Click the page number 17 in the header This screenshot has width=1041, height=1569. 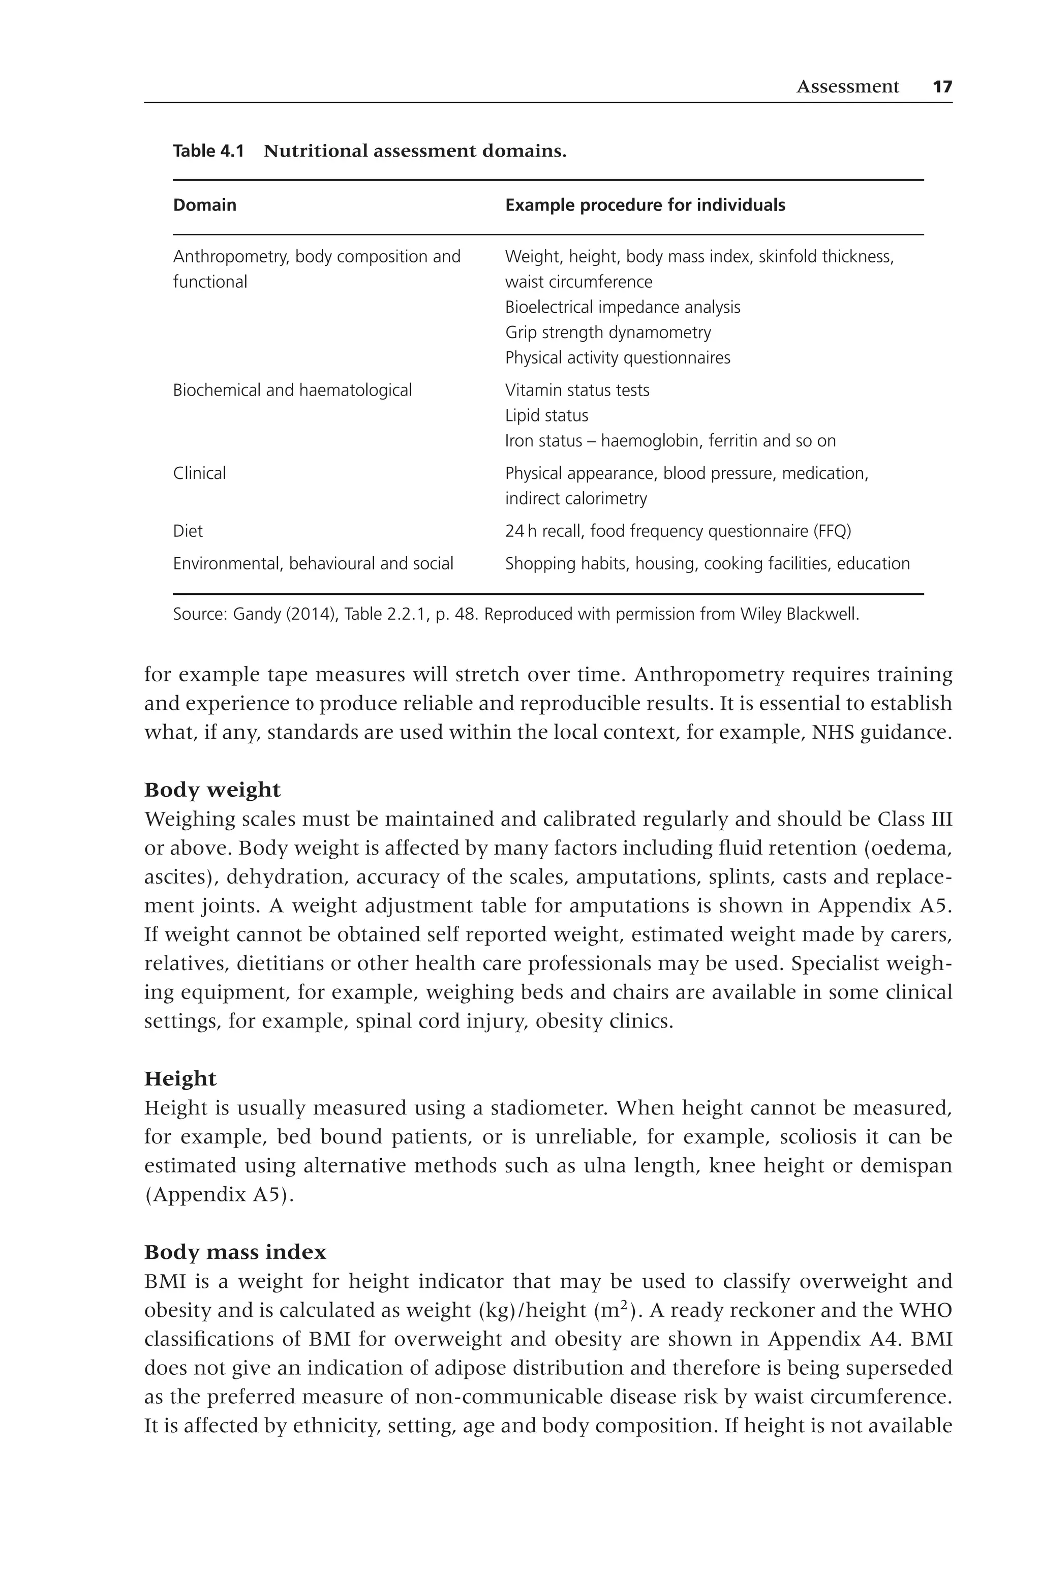tap(942, 87)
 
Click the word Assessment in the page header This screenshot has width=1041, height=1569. tap(847, 87)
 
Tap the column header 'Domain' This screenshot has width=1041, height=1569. tap(204, 205)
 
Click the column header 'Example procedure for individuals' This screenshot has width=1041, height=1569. tap(645, 205)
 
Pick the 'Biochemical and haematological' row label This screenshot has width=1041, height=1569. tap(292, 390)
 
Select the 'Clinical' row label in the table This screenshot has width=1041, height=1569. tap(199, 473)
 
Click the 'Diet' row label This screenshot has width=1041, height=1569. tap(188, 531)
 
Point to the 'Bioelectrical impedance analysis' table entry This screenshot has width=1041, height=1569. tap(622, 308)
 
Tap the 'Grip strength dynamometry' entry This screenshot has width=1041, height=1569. tap(607, 333)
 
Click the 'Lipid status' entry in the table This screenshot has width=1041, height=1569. tap(546, 416)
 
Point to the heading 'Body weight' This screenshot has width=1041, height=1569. tap(212, 790)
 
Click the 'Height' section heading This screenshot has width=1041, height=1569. tap(180, 1079)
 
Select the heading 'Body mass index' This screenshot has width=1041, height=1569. tap(235, 1252)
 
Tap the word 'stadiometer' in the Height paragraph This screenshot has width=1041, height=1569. tap(546, 1108)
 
